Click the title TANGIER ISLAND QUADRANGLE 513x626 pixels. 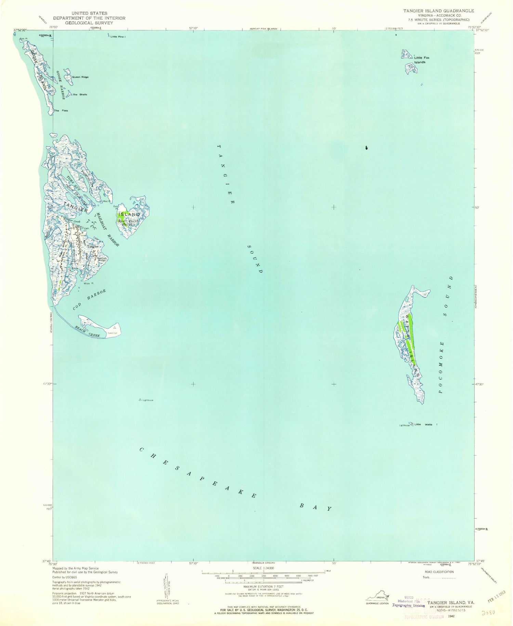438,11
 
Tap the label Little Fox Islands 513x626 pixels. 421,60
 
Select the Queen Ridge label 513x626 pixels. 80,77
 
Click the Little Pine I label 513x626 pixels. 118,37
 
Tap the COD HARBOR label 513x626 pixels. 89,300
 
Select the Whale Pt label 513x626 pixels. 88,283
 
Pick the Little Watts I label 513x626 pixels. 426,425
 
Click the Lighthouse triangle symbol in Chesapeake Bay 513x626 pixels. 140,399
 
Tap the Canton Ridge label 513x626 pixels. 103,259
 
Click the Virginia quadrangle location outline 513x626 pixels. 377,598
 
